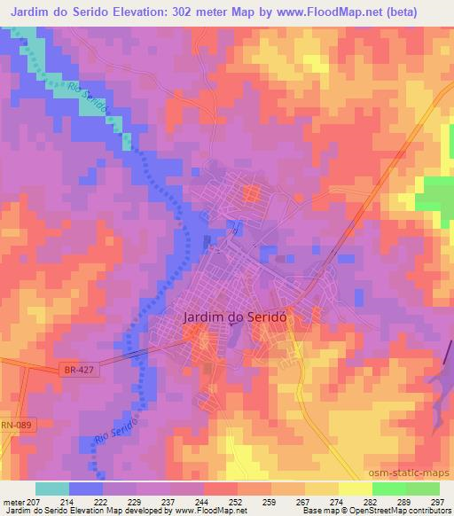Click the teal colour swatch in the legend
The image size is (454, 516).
click(52, 489)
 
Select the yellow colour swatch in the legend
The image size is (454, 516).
click(356, 489)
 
